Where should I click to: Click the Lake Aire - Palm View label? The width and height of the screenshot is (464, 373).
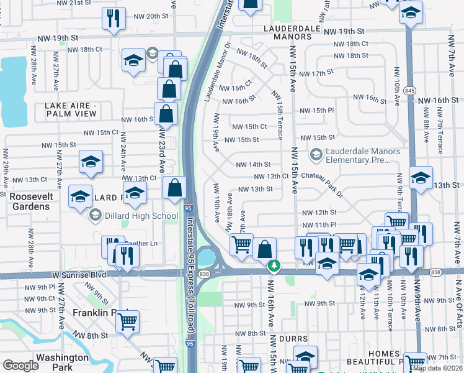(71, 109)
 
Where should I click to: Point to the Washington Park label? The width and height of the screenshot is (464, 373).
(62, 362)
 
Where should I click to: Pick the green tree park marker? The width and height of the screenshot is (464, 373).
(274, 266)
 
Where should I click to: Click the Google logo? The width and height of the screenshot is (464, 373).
(20, 366)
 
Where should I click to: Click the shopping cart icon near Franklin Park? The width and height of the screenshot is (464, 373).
(127, 322)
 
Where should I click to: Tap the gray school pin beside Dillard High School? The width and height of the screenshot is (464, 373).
(96, 216)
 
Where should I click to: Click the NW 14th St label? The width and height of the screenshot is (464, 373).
(253, 165)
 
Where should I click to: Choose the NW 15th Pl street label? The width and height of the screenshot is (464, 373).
(317, 111)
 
